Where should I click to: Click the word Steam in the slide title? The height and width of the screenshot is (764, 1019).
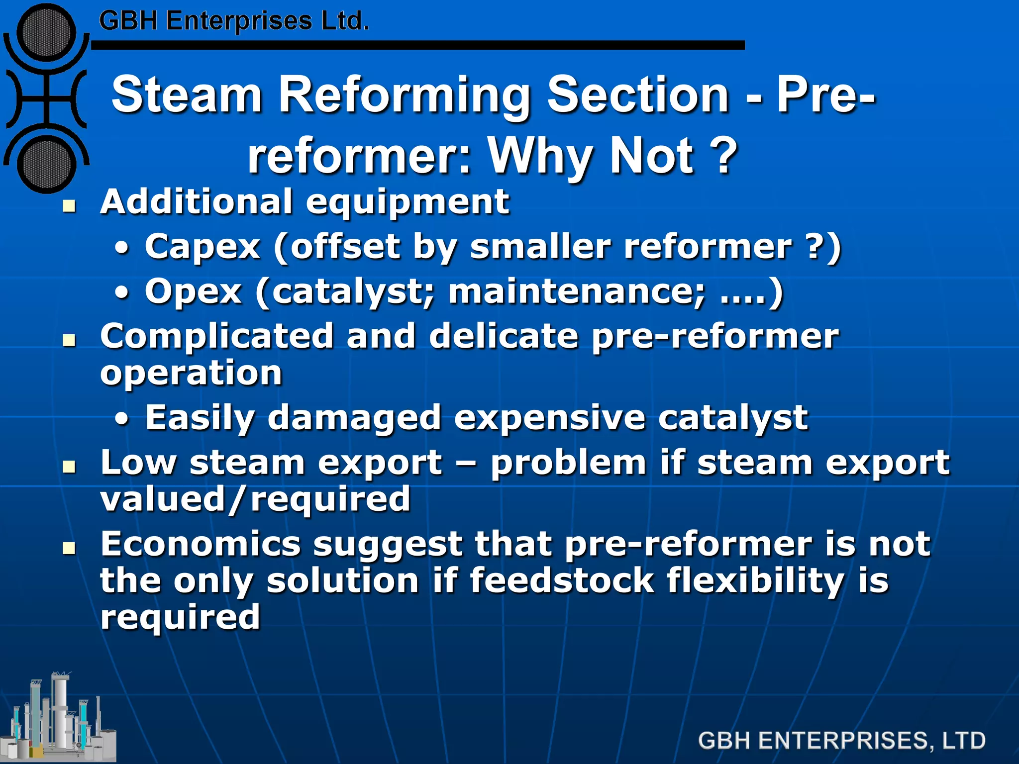187,95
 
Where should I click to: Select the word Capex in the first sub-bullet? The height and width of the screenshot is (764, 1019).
203,247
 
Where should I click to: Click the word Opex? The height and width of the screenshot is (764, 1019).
193,292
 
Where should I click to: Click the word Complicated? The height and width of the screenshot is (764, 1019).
216,336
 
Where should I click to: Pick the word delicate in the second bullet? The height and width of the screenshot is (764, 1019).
504,336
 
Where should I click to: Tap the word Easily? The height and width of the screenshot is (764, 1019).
200,418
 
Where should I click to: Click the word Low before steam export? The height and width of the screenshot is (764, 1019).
138,463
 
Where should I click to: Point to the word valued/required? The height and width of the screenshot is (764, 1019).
255,499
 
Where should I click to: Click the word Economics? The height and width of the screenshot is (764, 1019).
201,544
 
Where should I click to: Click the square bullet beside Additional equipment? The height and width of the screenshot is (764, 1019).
69,205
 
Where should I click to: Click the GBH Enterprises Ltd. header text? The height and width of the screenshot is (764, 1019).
234,21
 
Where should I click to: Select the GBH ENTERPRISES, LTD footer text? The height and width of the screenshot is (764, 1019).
841,741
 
